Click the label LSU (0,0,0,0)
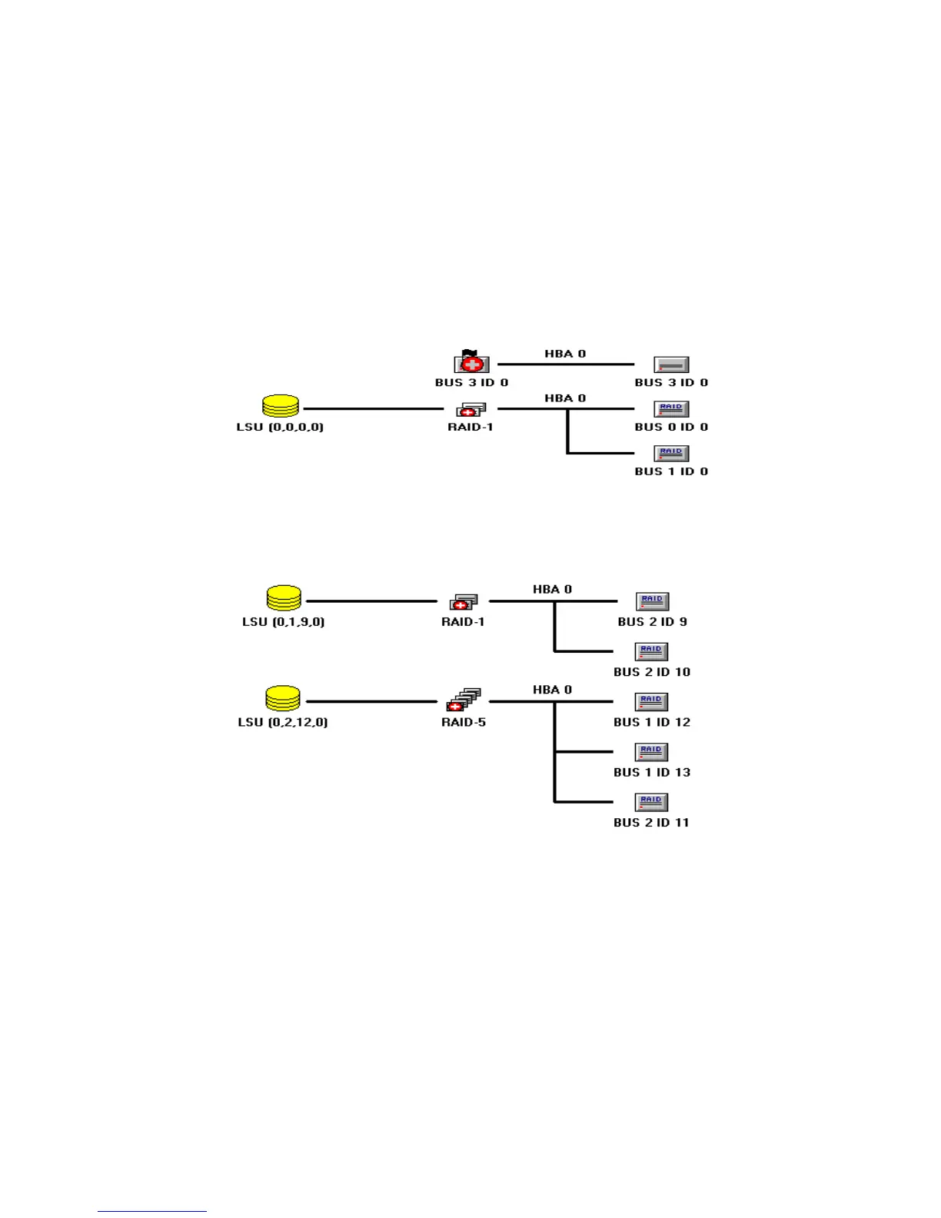[280, 427]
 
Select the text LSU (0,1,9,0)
[283, 621]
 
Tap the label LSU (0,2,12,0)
[283, 722]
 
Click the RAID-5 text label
[464, 722]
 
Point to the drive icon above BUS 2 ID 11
[651, 802]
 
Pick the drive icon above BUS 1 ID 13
[651, 752]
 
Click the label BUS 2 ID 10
[652, 672]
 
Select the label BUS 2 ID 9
[652, 621]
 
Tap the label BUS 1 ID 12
[652, 722]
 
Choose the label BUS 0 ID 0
[671, 427]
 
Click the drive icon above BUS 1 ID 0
[671, 453]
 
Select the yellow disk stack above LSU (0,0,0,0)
[281, 406]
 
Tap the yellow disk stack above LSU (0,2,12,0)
[283, 698]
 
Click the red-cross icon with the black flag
[471, 362]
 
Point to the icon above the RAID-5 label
[464, 700]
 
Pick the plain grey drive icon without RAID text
[671, 364]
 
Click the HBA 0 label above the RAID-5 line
[552, 690]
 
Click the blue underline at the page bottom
[152, 1211]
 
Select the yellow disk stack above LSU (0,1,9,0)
[284, 597]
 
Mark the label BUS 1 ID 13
[652, 772]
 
